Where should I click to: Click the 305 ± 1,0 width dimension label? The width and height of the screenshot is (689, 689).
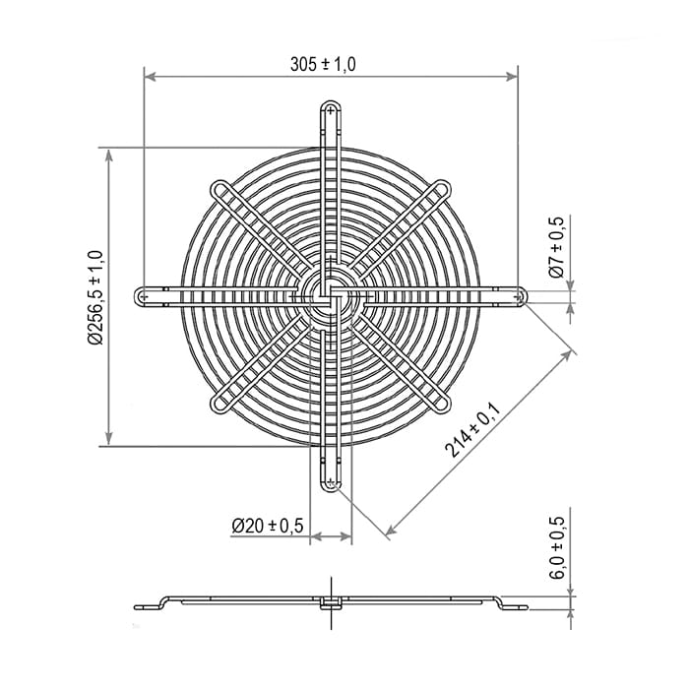[323, 65]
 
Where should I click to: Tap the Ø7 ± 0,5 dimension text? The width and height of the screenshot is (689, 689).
[557, 247]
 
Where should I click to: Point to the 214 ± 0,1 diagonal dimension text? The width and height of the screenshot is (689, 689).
[472, 431]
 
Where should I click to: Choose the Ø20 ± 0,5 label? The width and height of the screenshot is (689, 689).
[268, 525]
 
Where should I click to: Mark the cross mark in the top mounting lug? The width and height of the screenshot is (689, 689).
[331, 110]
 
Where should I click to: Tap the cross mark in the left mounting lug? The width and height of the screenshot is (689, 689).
[144, 297]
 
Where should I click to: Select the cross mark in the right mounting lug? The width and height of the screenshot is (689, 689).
[518, 297]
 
